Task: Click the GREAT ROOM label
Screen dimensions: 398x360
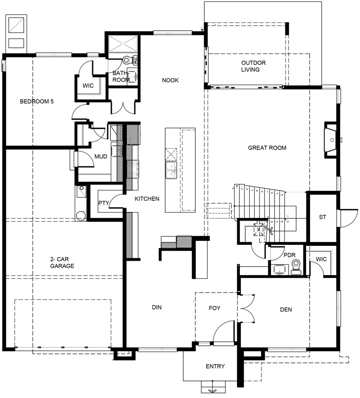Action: tap(267, 148)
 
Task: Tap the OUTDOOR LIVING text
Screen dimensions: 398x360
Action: tap(253, 66)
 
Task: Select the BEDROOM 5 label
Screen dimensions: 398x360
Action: tap(36, 102)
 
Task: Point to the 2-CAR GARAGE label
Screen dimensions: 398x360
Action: tap(62, 262)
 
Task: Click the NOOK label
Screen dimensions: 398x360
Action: tap(170, 81)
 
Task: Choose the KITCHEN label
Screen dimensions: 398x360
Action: tap(147, 199)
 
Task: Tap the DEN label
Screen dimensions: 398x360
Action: tap(286, 309)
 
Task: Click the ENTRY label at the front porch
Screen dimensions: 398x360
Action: tap(215, 366)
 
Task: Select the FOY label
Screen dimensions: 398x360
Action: tap(215, 308)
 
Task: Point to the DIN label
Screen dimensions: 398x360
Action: tap(157, 308)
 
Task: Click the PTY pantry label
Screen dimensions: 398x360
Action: tap(103, 203)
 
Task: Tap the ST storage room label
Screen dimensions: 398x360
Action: tap(322, 217)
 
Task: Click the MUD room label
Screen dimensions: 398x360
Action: tap(100, 157)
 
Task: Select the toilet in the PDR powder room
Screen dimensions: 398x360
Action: tap(296, 267)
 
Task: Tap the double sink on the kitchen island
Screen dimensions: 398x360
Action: tap(171, 170)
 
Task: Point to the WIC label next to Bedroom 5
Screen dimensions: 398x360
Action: tap(87, 86)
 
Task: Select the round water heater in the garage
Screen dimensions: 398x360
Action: tap(81, 216)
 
